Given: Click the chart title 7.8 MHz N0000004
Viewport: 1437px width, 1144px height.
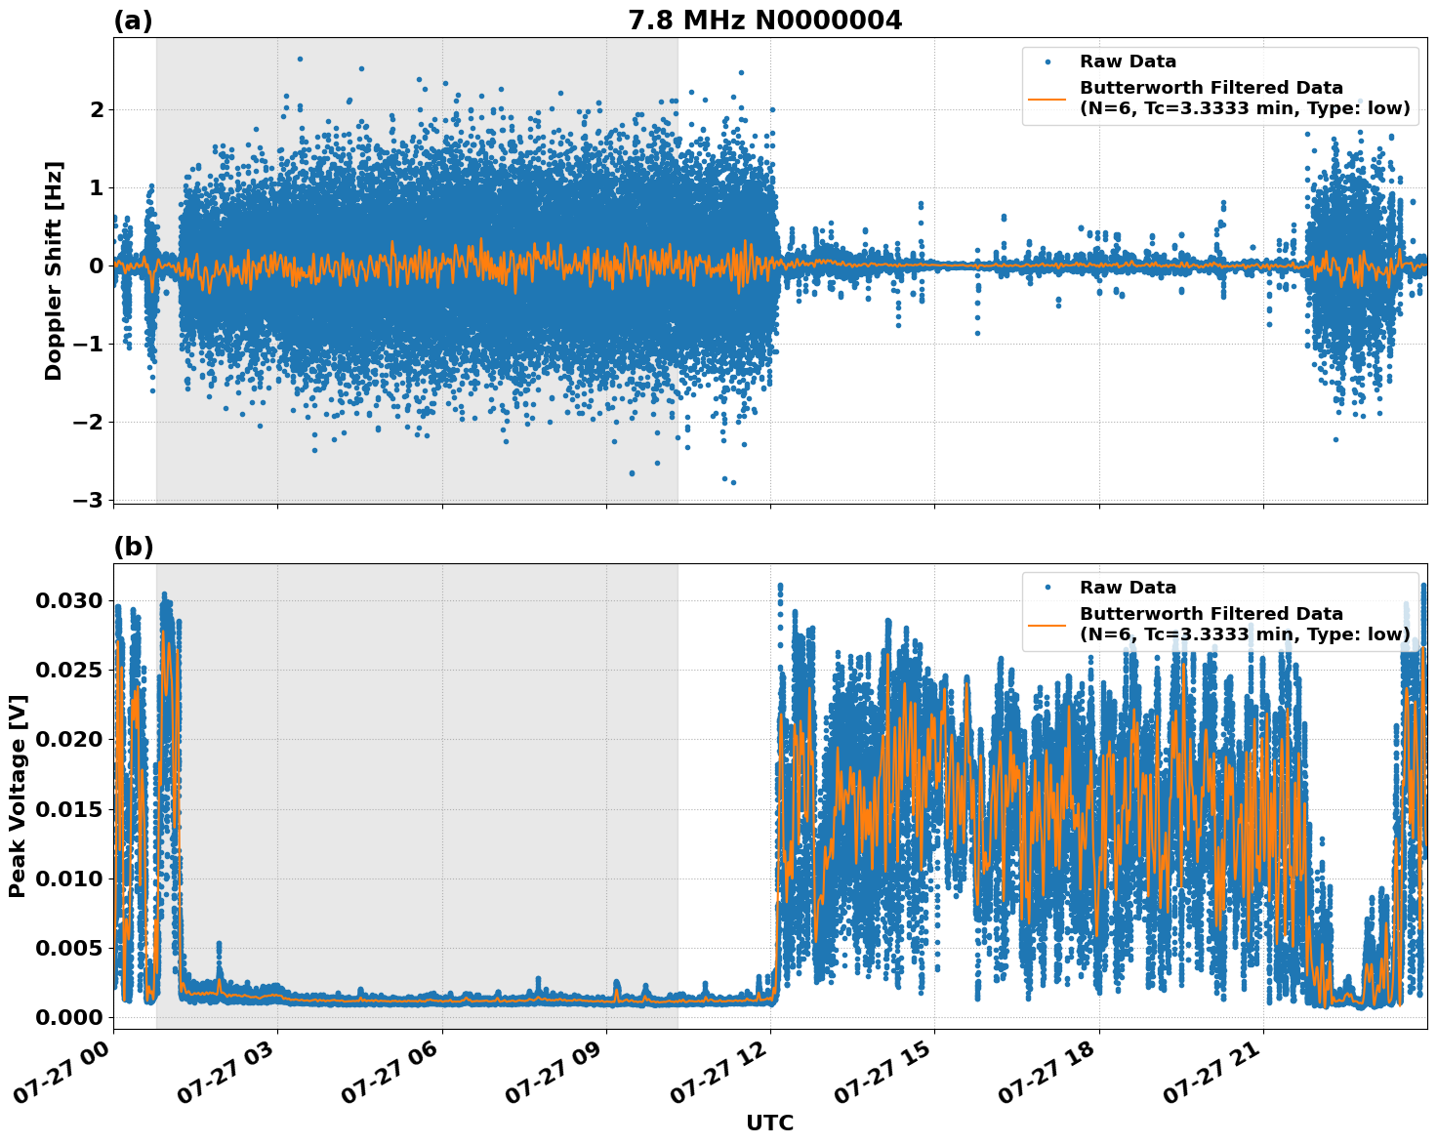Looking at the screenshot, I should click(764, 20).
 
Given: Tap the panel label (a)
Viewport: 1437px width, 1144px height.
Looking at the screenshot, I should click(133, 20).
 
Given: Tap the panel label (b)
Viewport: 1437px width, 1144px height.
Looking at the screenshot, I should click(133, 547).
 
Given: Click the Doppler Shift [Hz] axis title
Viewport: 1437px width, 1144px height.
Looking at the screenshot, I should click(54, 270).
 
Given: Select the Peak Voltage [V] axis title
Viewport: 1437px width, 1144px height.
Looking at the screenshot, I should click(18, 796).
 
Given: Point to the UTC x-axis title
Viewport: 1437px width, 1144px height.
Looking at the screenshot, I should click(769, 1123).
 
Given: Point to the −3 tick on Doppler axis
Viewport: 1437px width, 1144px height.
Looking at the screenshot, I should click(88, 500).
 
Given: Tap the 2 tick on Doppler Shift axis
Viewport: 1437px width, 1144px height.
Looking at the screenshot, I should click(96, 109).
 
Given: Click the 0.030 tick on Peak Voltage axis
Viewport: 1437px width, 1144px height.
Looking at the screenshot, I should click(68, 600).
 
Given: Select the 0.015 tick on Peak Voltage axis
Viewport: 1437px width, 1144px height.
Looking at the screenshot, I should click(68, 809).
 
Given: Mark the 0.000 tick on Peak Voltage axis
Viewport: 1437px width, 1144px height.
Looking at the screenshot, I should click(68, 1017).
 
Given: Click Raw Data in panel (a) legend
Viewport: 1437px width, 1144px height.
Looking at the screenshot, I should click(1128, 61).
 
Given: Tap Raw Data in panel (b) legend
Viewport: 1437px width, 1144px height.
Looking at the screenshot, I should click(1128, 588).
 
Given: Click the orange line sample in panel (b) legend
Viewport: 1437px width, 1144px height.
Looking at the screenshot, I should click(1047, 625).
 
